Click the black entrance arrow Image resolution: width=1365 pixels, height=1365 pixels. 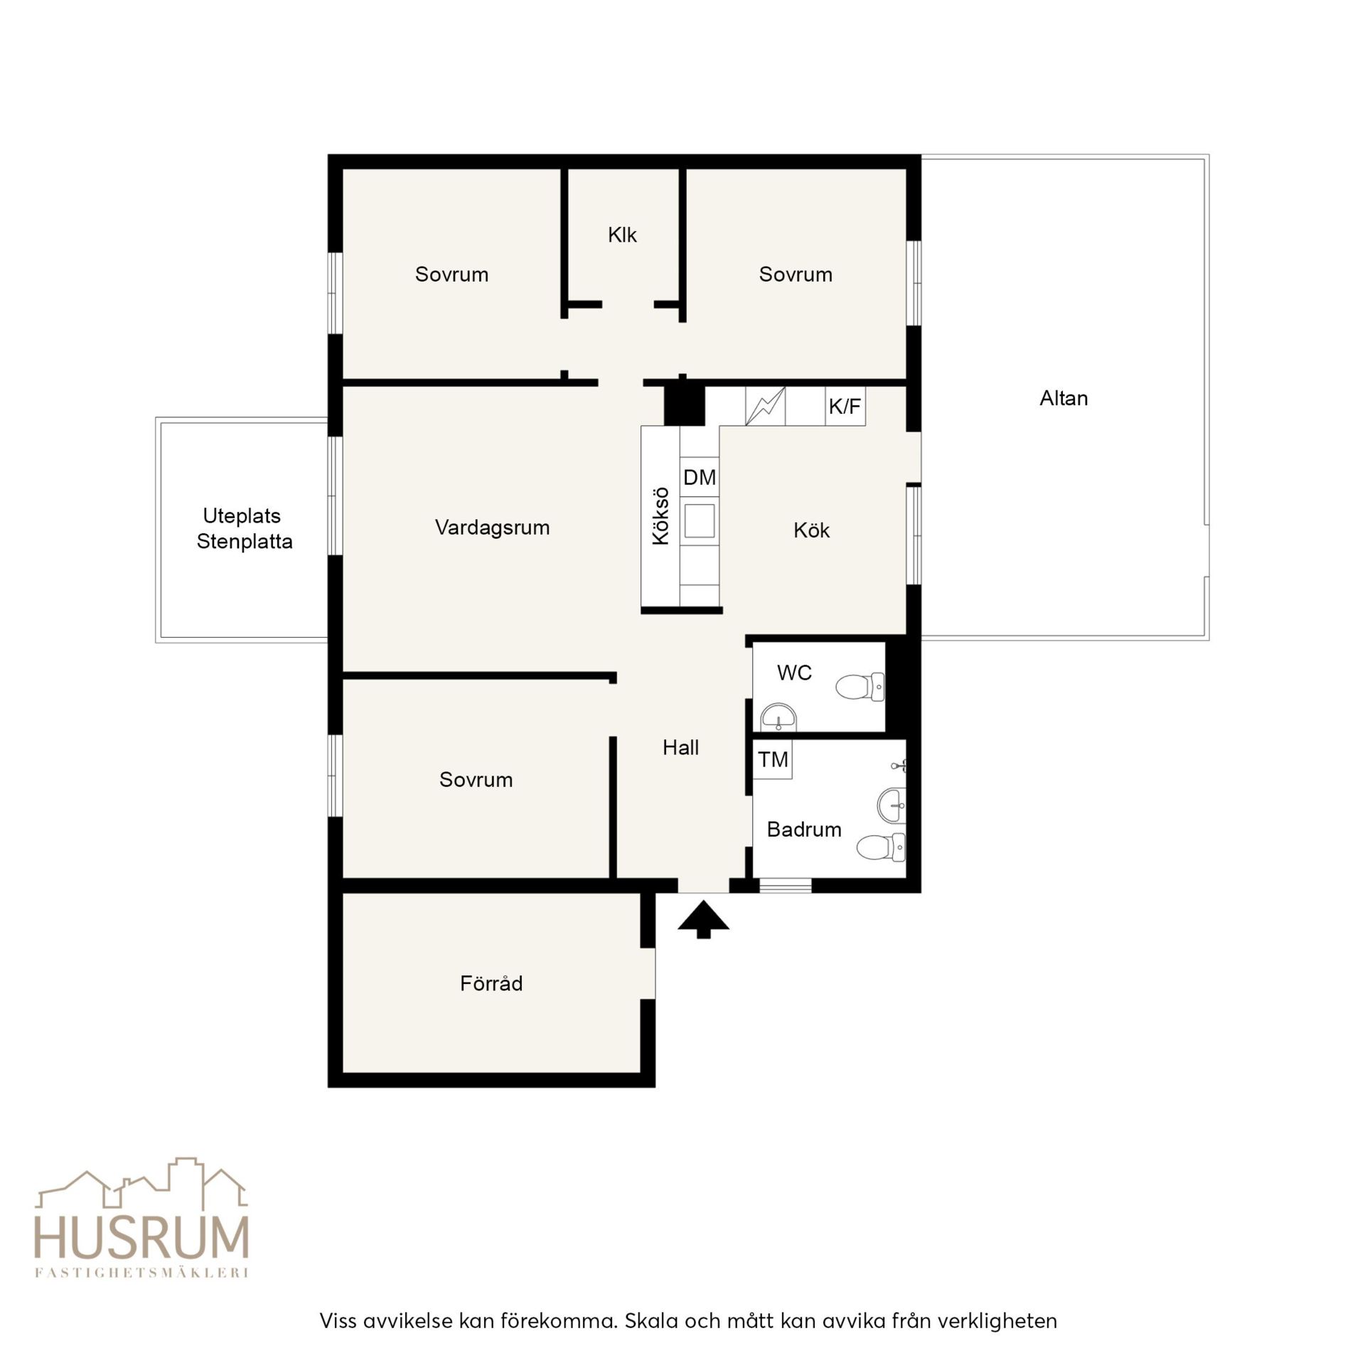(x=703, y=919)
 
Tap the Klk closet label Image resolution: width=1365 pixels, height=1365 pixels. (x=622, y=235)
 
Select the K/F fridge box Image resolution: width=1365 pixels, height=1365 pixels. (x=845, y=406)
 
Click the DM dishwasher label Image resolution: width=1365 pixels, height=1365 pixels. (x=700, y=477)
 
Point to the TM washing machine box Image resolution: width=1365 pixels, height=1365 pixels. (x=773, y=759)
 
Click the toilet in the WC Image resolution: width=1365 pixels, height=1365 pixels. (x=860, y=687)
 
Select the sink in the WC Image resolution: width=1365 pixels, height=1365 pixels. (x=779, y=718)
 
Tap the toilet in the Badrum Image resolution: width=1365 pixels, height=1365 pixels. (x=881, y=847)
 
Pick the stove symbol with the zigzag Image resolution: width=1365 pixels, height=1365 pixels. (x=765, y=406)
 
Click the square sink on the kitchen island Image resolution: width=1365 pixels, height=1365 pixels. (x=700, y=520)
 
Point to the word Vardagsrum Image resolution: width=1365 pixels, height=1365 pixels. (x=493, y=528)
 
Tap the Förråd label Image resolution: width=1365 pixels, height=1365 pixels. (x=491, y=983)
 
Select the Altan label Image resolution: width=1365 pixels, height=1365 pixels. (x=1064, y=398)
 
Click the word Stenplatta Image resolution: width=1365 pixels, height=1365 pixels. (x=245, y=542)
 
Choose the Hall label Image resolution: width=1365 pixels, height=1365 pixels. (x=680, y=747)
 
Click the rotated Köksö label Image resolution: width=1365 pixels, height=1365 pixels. (x=661, y=516)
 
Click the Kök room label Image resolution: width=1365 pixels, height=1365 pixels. (x=812, y=530)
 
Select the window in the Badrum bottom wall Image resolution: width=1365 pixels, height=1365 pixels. (x=786, y=886)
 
